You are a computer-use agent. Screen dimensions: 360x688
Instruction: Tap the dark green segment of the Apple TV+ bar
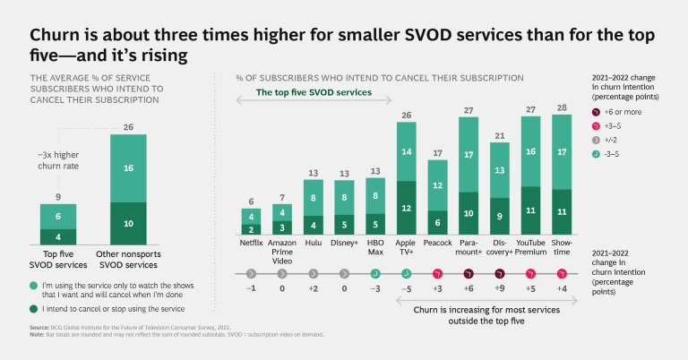406,208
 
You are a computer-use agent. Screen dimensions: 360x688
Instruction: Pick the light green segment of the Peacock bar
437,185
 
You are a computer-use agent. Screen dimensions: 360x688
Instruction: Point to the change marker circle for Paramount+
469,273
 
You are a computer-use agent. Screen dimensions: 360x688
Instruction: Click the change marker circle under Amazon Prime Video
282,273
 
